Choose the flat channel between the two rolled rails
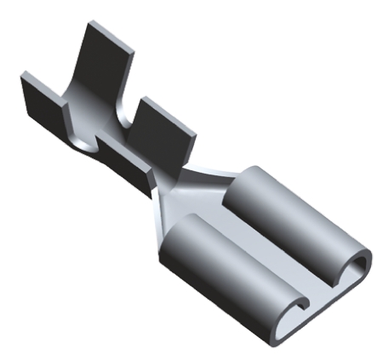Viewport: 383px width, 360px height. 272,255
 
